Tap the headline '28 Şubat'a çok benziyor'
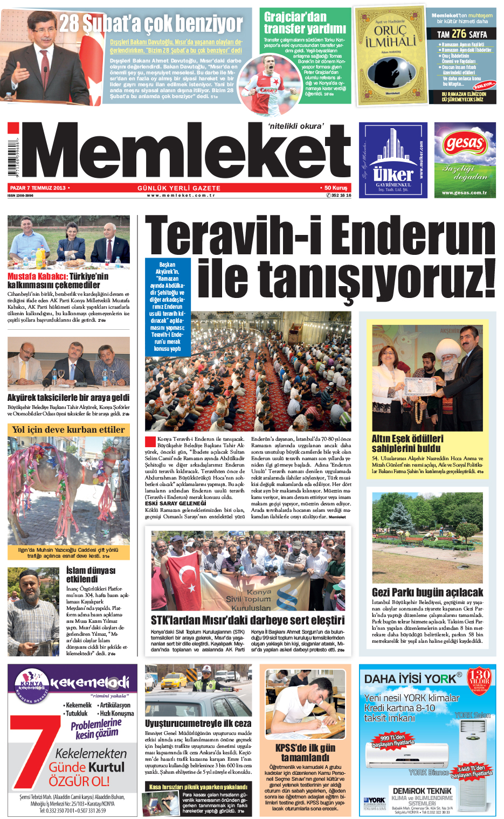[x=151, y=24]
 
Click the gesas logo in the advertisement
[x=464, y=143]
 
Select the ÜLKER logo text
[x=393, y=175]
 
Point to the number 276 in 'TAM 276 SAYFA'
[x=459, y=33]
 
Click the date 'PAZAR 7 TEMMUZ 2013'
[x=38, y=188]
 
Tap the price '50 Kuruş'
[x=336, y=188]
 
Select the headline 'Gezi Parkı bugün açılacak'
[x=427, y=592]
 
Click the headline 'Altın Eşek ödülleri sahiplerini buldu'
[x=408, y=443]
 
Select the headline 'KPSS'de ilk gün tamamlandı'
[x=305, y=753]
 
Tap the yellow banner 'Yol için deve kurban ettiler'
[x=68, y=429]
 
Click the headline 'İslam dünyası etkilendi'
[x=91, y=574]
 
